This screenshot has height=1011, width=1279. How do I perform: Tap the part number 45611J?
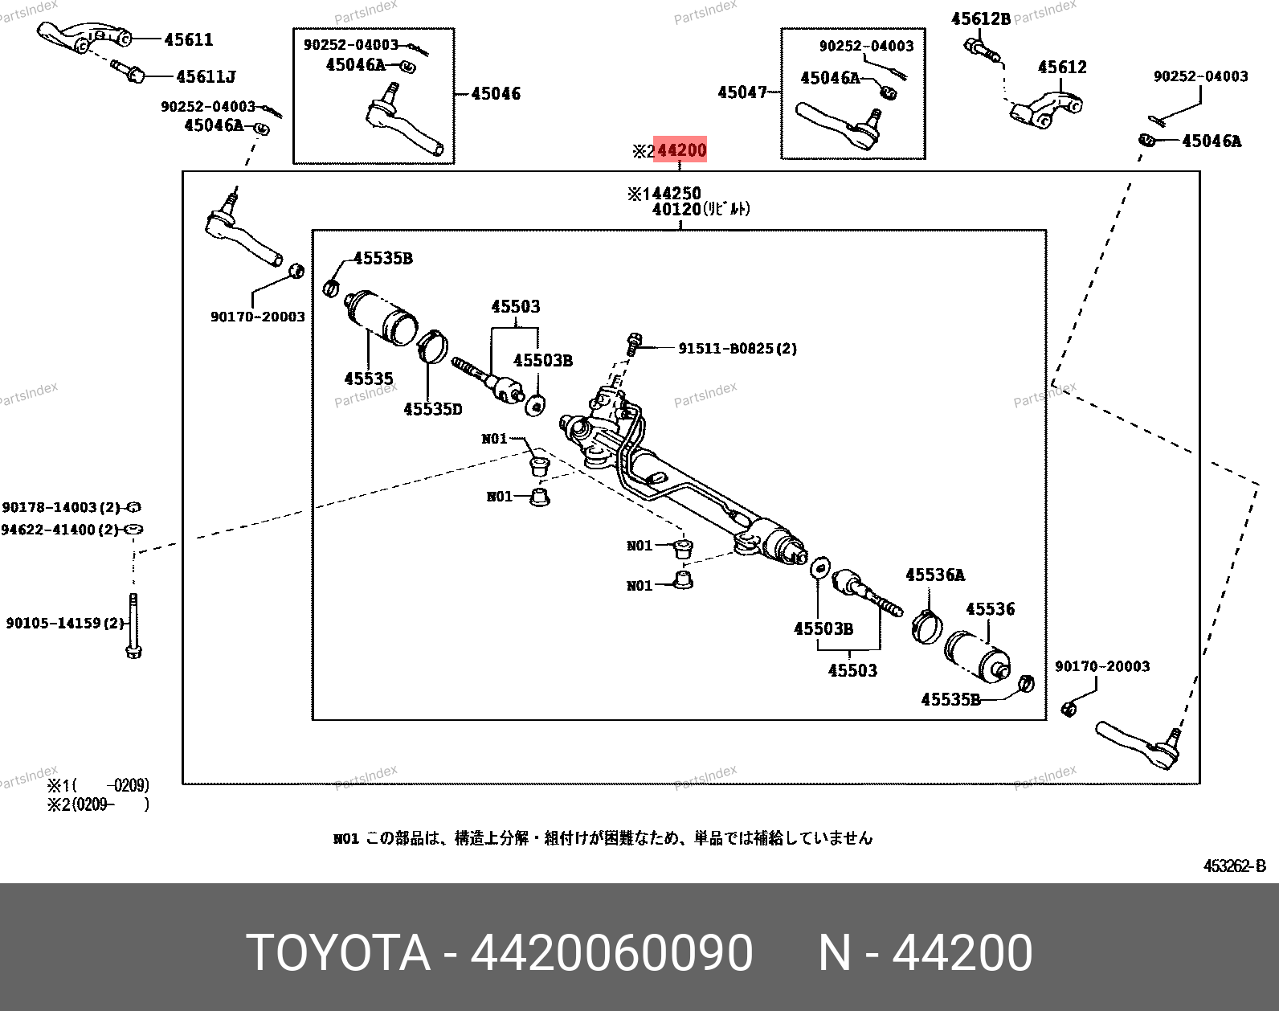click(x=206, y=76)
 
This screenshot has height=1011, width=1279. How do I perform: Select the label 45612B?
click(x=981, y=19)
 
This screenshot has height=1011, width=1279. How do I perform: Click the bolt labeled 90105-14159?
click(x=133, y=625)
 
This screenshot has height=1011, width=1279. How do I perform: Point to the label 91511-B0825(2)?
click(x=738, y=349)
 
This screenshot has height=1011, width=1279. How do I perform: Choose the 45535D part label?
click(x=433, y=409)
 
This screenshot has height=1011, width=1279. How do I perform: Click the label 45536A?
click(x=935, y=575)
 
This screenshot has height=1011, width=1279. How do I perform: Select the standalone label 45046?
click(x=496, y=94)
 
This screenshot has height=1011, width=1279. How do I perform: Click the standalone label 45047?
click(x=742, y=92)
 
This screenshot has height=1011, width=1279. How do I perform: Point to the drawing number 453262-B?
click(x=1235, y=866)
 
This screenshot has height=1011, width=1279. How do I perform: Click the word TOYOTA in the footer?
click(x=338, y=952)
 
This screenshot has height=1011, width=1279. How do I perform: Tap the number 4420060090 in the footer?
click(x=612, y=952)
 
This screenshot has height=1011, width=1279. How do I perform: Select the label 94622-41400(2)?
click(x=60, y=530)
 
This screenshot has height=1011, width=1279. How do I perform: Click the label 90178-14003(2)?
click(x=61, y=507)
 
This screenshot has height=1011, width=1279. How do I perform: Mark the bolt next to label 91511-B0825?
click(x=634, y=344)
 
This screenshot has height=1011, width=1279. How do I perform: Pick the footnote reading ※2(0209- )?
click(x=98, y=804)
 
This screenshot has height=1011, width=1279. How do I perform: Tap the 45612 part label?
click(x=1062, y=68)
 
